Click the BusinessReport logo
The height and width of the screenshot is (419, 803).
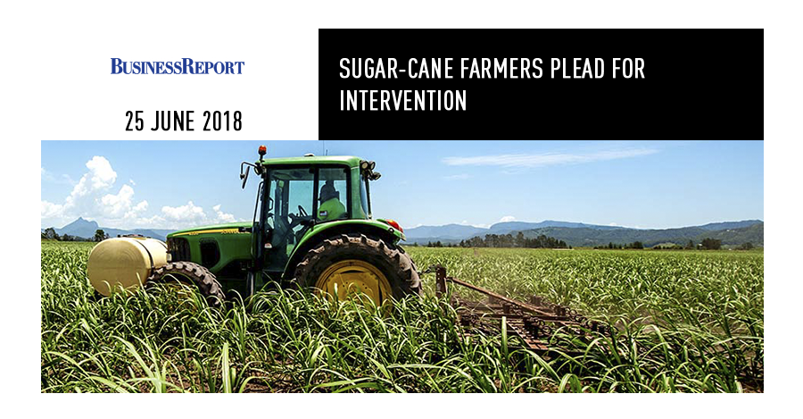tap(178, 66)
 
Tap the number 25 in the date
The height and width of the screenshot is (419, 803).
tap(134, 122)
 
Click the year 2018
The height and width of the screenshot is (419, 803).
tap(222, 122)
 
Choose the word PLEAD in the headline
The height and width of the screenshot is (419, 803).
tap(577, 69)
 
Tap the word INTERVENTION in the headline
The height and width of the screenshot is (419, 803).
tap(403, 101)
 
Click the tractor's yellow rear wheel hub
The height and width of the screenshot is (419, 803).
tap(354, 282)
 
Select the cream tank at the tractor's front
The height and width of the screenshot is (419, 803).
tap(127, 265)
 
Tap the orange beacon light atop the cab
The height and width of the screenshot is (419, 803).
tap(262, 150)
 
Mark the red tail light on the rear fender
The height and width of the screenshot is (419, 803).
tap(394, 225)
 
